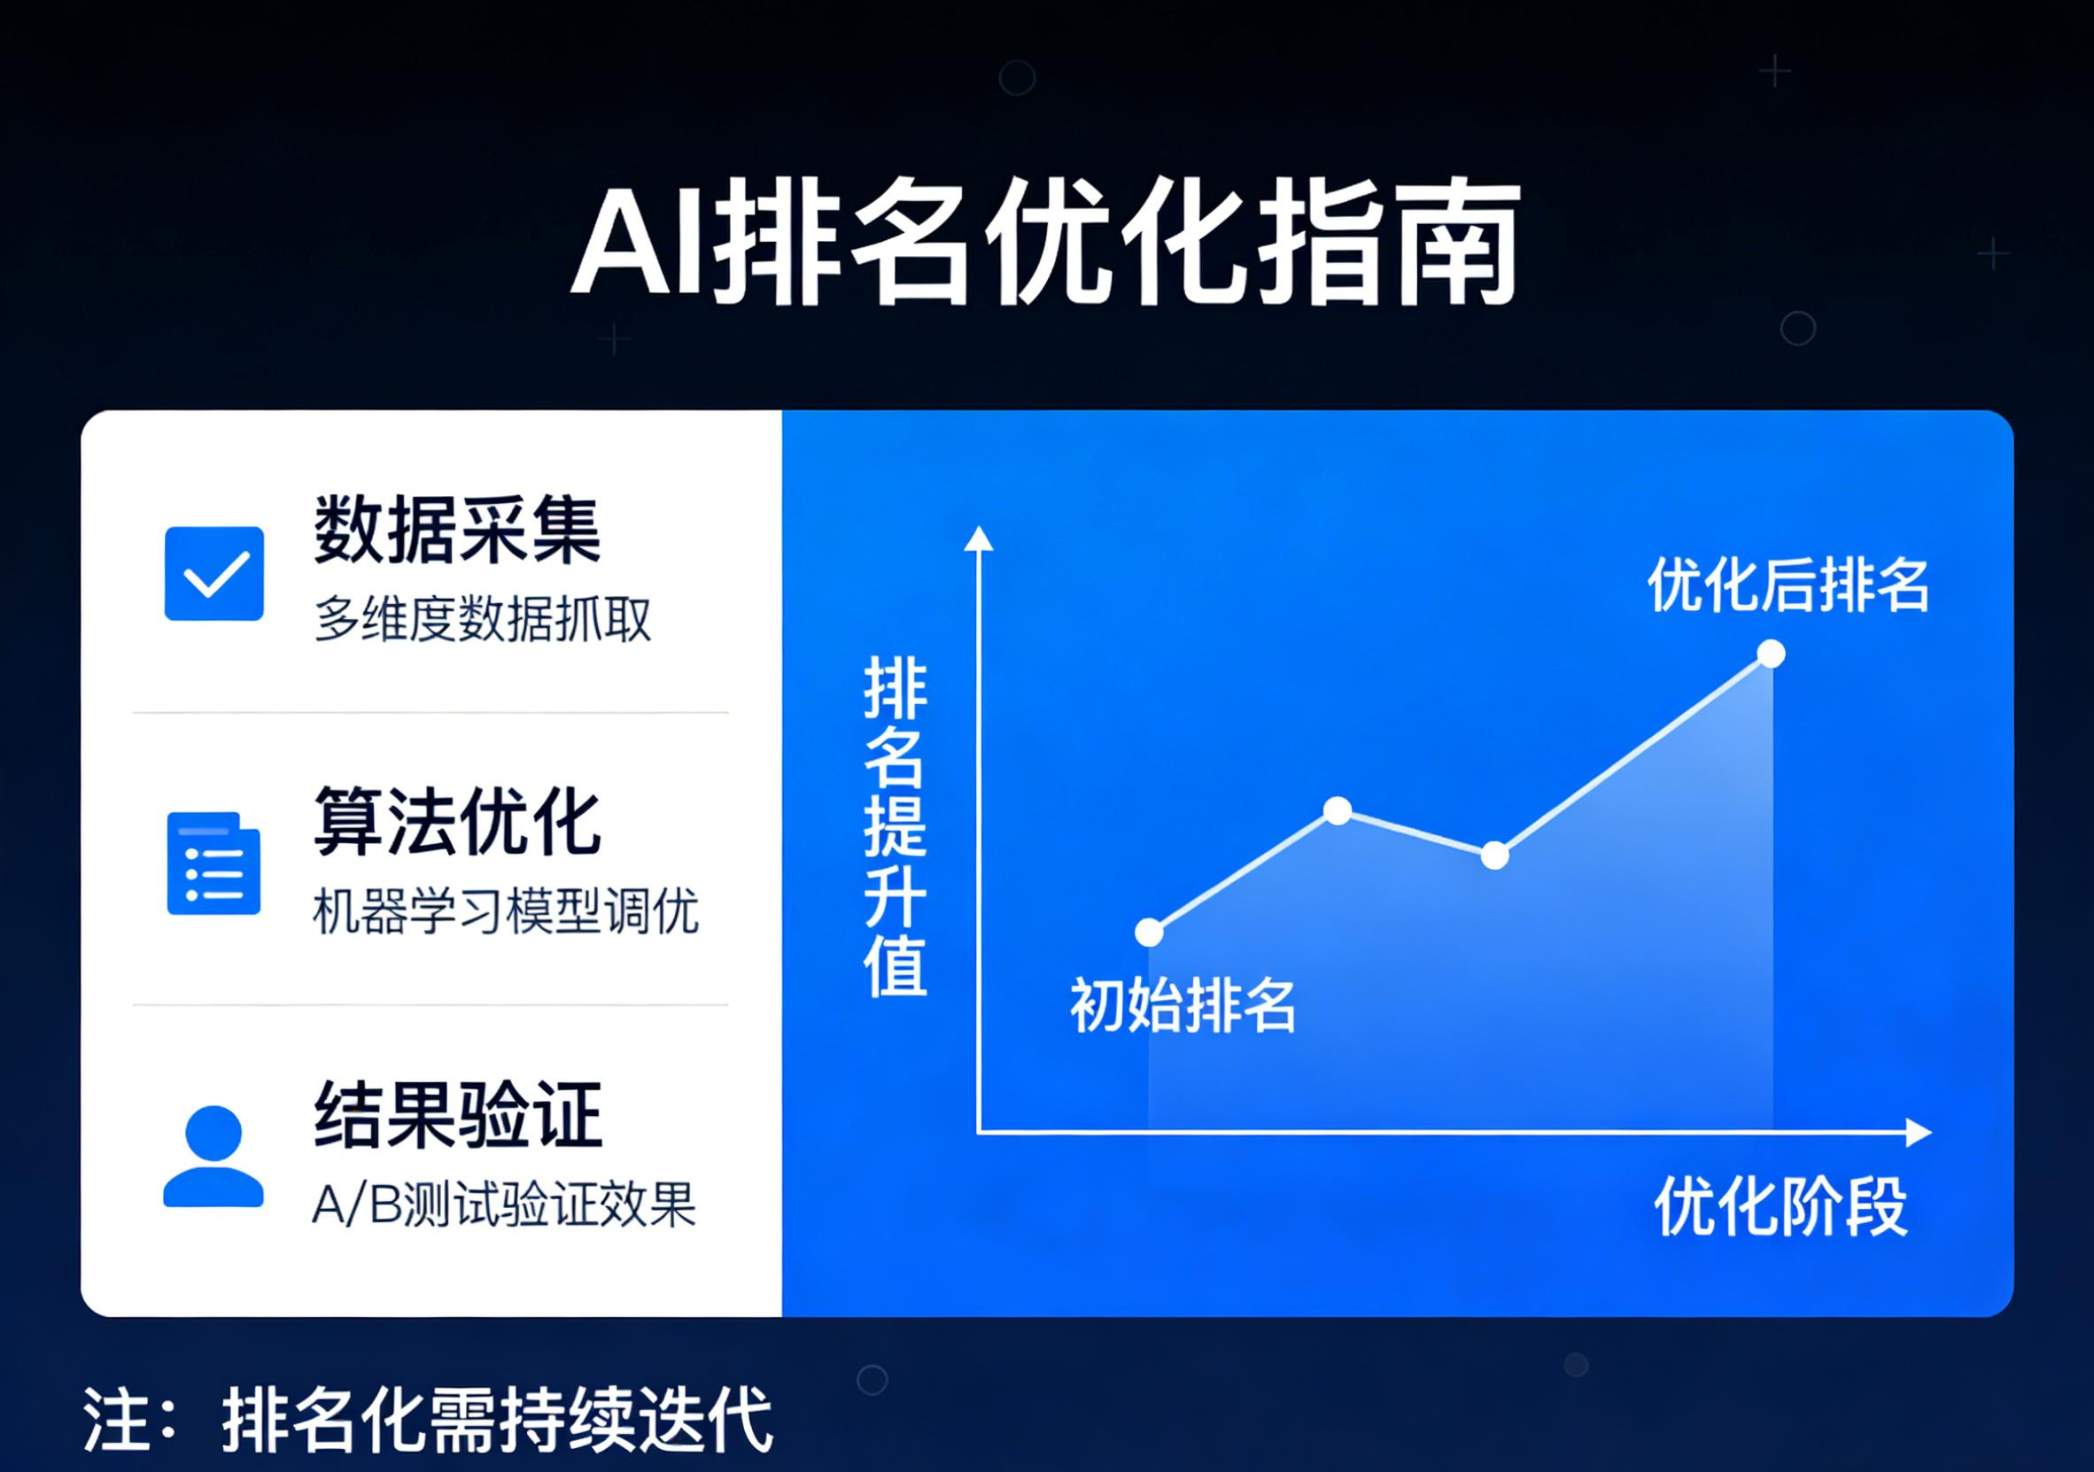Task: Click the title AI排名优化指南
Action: click(1045, 244)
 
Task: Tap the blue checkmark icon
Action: click(214, 574)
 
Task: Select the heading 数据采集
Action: click(457, 530)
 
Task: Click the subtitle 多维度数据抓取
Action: click(483, 619)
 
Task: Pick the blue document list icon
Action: click(214, 863)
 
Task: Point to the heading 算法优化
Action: click(457, 823)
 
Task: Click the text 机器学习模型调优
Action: click(506, 910)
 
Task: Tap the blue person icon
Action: click(213, 1157)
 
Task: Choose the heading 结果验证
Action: click(457, 1114)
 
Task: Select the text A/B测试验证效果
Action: click(504, 1204)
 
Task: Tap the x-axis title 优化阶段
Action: click(1780, 1206)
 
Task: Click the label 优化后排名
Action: click(1788, 585)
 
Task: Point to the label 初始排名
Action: click(1183, 1006)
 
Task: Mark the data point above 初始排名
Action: click(1149, 932)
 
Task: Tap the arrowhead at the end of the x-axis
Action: click(1919, 1133)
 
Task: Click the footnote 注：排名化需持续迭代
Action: click(429, 1420)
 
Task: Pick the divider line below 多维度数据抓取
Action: click(430, 712)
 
